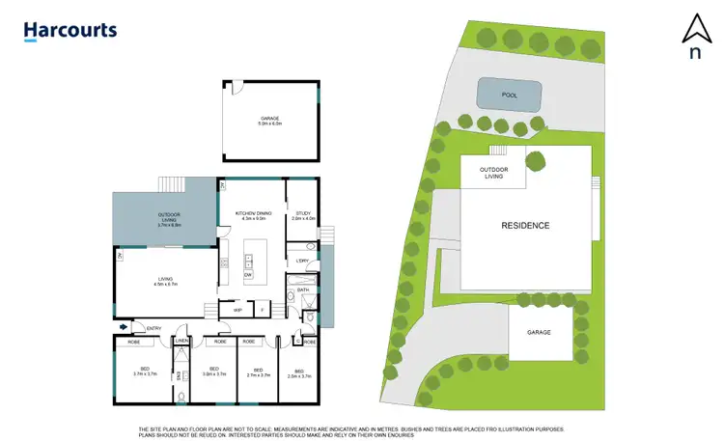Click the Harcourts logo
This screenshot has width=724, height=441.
tap(70, 30)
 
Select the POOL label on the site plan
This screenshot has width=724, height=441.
tap(510, 96)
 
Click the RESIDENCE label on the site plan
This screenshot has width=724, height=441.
tap(525, 226)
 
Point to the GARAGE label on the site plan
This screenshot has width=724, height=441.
tap(539, 332)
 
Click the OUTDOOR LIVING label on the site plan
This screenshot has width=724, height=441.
tap(493, 173)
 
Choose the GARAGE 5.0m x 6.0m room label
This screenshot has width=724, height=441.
tap(268, 121)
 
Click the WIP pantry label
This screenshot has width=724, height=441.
tap(237, 310)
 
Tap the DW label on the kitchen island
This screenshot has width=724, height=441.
tap(248, 274)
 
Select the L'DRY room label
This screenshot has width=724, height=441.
tap(302, 261)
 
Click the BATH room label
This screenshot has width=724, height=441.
tap(302, 289)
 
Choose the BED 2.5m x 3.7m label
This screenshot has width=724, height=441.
tap(299, 372)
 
